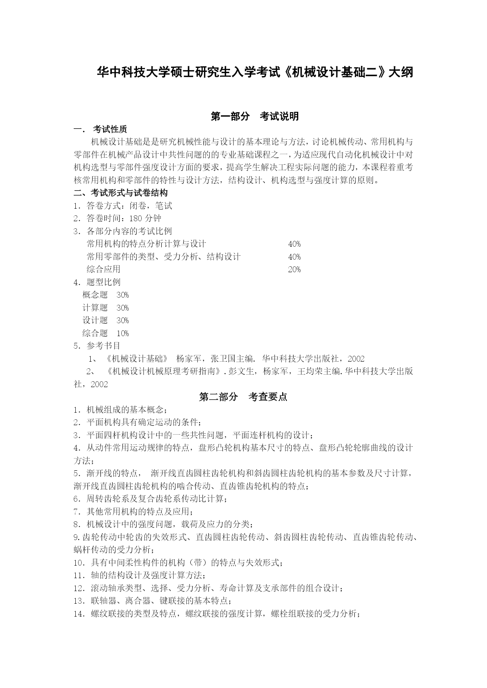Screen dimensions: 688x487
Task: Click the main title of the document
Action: (x=255, y=73)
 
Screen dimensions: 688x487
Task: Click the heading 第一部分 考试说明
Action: (x=255, y=116)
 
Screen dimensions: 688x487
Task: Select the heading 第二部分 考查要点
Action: (x=243, y=397)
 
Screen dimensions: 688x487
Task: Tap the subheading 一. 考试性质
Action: (x=100, y=129)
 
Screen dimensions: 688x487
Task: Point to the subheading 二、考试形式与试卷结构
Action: (x=121, y=193)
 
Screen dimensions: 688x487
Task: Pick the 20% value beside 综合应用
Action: (x=294, y=269)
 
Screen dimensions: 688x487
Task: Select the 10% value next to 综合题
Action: (x=123, y=333)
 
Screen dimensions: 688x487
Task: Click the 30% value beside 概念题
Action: (x=123, y=295)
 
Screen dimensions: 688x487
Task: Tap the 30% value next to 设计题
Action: (x=123, y=320)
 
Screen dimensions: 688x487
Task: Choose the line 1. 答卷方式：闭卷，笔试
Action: (x=123, y=206)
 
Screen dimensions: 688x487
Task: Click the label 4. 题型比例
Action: (x=97, y=282)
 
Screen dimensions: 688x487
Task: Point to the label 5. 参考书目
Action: (x=97, y=346)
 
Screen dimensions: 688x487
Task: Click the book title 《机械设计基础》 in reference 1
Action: (x=137, y=359)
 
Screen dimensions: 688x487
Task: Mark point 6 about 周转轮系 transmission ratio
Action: (x=150, y=499)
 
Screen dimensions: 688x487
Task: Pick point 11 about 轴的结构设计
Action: (x=140, y=575)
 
